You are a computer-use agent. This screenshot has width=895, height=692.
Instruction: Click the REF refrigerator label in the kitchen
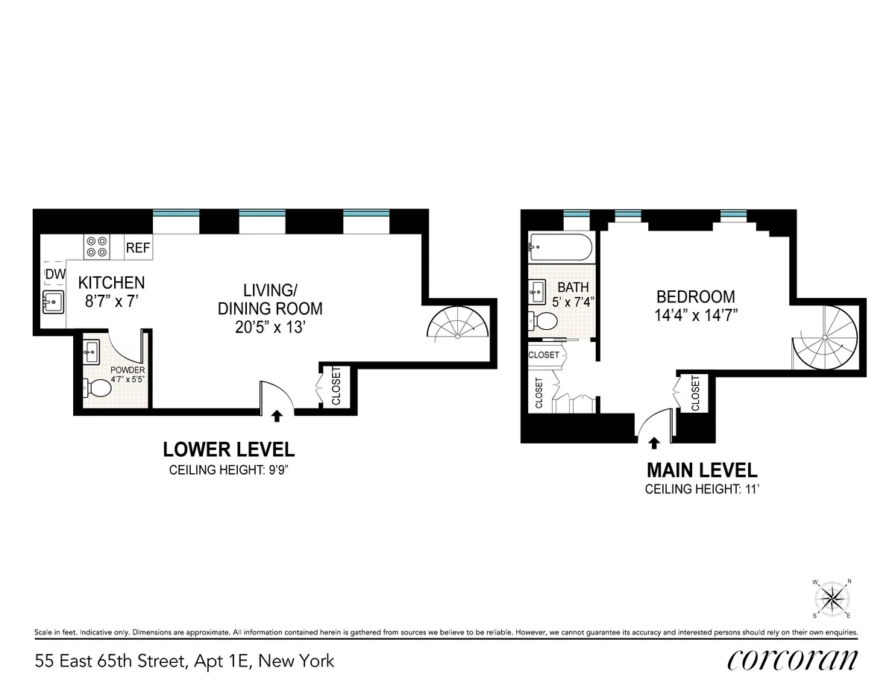138,248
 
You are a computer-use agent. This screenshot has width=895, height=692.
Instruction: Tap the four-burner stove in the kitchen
97,247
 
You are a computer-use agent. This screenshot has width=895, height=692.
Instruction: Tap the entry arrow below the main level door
654,443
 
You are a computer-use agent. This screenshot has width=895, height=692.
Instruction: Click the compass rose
832,598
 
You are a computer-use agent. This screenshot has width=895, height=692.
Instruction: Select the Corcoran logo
792,660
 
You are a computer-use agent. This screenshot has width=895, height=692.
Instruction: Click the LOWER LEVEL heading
229,449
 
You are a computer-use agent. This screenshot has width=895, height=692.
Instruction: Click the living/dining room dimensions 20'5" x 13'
269,327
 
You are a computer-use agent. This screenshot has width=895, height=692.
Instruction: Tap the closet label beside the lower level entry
336,386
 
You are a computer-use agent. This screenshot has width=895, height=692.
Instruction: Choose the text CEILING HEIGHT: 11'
701,490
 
